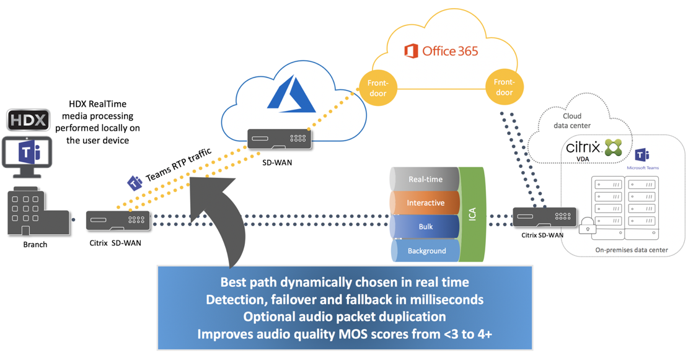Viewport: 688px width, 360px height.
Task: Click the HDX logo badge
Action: click(x=28, y=120)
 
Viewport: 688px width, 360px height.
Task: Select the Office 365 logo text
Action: click(x=441, y=51)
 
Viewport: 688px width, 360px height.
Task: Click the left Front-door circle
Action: click(x=377, y=88)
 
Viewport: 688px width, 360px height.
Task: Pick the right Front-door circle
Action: click(x=504, y=87)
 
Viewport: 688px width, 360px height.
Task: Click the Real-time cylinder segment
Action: click(x=425, y=179)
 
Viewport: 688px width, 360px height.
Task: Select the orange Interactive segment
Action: click(x=425, y=203)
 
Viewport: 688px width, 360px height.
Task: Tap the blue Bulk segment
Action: click(x=425, y=227)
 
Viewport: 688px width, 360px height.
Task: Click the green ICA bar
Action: click(x=473, y=214)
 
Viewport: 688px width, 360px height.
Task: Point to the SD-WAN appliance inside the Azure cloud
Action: click(x=279, y=139)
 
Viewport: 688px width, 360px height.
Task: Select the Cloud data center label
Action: click(x=572, y=120)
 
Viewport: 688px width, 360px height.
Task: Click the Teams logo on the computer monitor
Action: click(x=29, y=152)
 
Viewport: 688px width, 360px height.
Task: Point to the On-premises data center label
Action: click(x=631, y=250)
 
